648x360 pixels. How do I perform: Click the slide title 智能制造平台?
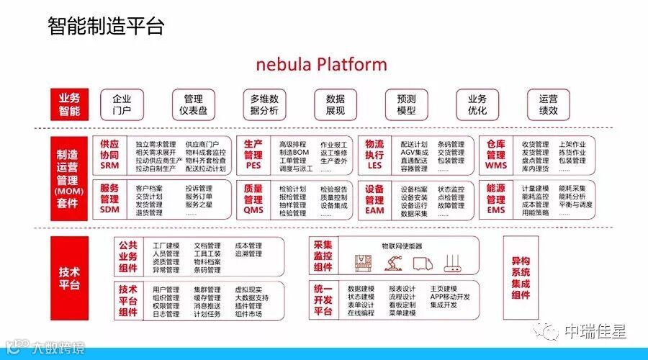(106, 27)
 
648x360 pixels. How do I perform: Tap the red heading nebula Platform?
(321, 64)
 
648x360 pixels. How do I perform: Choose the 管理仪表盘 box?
(193, 104)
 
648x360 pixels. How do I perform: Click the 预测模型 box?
(406, 104)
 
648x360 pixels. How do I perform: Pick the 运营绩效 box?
(548, 104)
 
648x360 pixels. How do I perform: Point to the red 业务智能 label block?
(69, 104)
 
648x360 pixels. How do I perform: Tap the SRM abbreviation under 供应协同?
(109, 166)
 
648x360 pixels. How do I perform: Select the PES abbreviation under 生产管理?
(253, 166)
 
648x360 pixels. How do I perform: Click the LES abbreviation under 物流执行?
(374, 166)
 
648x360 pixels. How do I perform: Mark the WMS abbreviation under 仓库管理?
(495, 166)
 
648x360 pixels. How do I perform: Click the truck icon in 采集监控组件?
(423, 262)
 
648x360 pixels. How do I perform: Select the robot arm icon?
(393, 262)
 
